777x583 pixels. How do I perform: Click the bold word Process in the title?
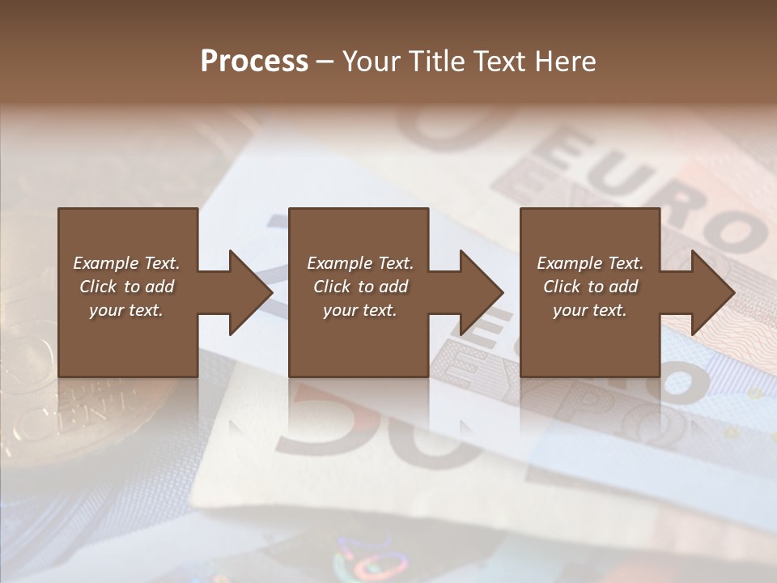[x=254, y=62]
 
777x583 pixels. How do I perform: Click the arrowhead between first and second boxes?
[x=250, y=292]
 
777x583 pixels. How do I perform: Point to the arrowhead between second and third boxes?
[x=481, y=292]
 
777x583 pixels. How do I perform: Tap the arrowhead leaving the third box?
[x=712, y=292]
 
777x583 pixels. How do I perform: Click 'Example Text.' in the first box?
[x=126, y=263]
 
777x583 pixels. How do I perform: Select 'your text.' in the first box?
[x=126, y=310]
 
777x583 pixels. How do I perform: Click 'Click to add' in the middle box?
[x=360, y=287]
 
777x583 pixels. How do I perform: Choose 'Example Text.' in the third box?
[x=590, y=263]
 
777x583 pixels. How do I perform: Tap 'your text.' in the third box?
[x=590, y=310]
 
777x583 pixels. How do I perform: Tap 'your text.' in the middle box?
[x=360, y=310]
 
